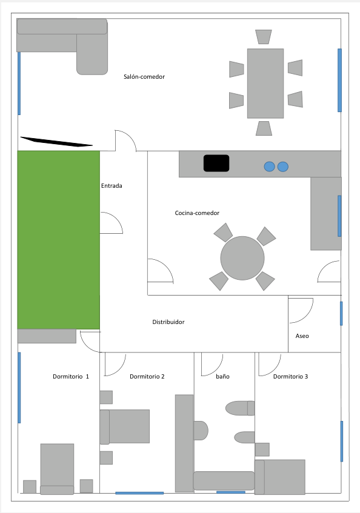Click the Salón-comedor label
pos(144,77)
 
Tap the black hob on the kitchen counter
pos(216,164)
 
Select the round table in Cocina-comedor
pos(242,258)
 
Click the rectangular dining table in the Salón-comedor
pos(265,83)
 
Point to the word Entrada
pos(112,186)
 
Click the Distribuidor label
pos(168,322)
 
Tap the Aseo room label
pos(302,336)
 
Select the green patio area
pos(58,239)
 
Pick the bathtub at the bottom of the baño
pos(223,480)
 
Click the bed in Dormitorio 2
pos(125,426)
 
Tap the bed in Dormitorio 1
pos(57,468)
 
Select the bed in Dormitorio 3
pos(280,476)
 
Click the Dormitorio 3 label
pos(290,377)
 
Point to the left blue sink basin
pos(269,166)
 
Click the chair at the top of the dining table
pos(263,37)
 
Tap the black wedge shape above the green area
pos(56,142)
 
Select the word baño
pos(222,377)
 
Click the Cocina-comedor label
pos(197,213)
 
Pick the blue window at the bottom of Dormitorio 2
pos(139,493)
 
